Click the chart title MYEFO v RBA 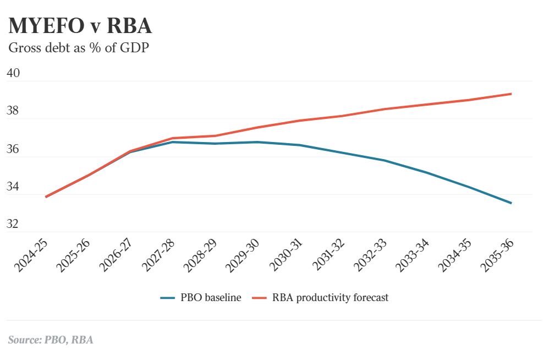(80, 26)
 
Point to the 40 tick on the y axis (13, 73)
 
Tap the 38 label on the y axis (13, 111)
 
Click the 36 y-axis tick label (13, 149)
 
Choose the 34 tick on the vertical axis (13, 187)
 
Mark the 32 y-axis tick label (13, 224)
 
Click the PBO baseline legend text (211, 298)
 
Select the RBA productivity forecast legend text (330, 298)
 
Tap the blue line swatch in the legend (167, 298)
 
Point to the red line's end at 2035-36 (512, 94)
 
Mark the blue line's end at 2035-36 (512, 203)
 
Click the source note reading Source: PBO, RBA (51, 340)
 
